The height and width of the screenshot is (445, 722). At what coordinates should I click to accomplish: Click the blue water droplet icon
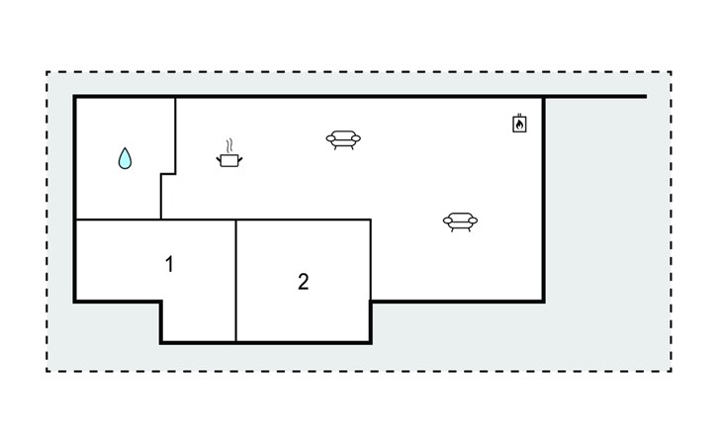125,158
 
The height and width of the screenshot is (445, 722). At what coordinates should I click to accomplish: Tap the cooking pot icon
229,158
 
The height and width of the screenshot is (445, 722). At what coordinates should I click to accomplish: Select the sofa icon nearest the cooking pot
343,139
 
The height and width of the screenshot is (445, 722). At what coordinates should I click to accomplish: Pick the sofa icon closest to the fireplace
460,222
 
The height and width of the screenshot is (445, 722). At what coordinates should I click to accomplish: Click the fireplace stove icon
519,124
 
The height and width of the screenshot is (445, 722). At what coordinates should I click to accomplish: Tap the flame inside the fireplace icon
519,126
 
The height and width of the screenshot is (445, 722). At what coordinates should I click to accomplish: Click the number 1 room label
169,264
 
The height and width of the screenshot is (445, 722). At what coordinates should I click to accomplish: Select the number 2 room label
303,281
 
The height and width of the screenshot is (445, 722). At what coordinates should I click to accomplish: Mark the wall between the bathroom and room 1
118,220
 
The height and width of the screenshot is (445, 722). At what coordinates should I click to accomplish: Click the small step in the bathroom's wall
168,174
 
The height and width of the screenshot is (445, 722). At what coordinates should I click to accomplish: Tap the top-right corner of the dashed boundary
671,72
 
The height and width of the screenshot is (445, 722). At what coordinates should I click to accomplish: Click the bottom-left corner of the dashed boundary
47,371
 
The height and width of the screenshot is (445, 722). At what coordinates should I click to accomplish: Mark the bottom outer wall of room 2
303,342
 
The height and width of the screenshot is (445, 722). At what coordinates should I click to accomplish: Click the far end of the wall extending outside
645,96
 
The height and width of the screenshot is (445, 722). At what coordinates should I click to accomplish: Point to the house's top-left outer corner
75,96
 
